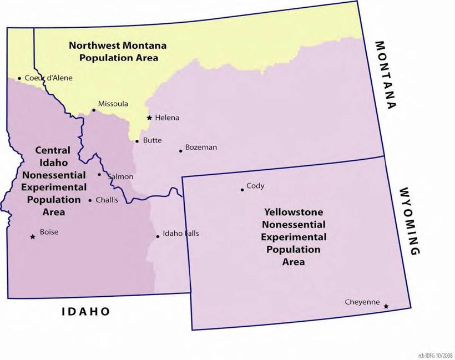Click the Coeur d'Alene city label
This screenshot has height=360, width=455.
(48, 78)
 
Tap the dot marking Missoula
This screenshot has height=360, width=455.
(94, 110)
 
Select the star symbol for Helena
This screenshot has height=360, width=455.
(149, 118)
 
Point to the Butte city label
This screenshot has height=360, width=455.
(152, 140)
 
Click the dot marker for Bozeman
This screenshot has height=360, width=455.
(180, 151)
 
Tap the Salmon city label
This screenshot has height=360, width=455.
(120, 176)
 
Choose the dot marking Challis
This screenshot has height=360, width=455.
(90, 200)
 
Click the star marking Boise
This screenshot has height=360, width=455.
(32, 237)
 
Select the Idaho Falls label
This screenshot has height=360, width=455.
(180, 234)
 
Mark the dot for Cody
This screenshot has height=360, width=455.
(242, 190)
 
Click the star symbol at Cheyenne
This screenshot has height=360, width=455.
(386, 306)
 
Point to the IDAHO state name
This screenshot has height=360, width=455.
(86, 312)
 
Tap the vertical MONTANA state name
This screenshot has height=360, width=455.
(387, 75)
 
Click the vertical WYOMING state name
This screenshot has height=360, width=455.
(409, 221)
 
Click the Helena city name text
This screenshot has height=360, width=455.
(167, 118)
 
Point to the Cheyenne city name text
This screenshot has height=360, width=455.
(362, 302)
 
